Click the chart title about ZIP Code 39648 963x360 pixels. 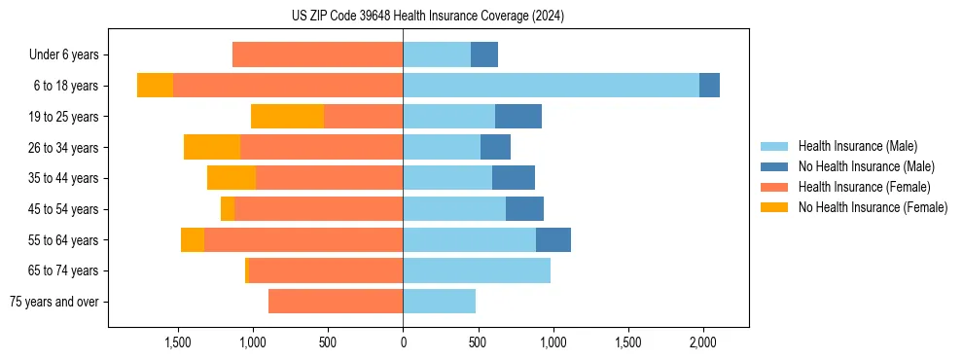tap(428, 17)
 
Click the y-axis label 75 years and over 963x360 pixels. tap(53, 302)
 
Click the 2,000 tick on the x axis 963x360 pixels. tap(703, 343)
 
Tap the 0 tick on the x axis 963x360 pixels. tap(403, 343)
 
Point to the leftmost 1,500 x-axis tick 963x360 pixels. tap(178, 343)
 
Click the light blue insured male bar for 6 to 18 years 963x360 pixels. tap(551, 86)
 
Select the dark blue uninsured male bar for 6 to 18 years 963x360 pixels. tap(709, 86)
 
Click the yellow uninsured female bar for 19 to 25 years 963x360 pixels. tap(287, 117)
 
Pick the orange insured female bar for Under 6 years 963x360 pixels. tap(317, 55)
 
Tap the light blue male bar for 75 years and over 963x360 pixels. tap(439, 302)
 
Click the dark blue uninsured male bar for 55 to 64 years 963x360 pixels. tap(553, 240)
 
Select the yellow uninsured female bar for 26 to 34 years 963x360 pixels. tap(212, 148)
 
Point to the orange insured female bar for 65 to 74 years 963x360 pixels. tap(326, 270)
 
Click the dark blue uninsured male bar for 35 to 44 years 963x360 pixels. tap(514, 178)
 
